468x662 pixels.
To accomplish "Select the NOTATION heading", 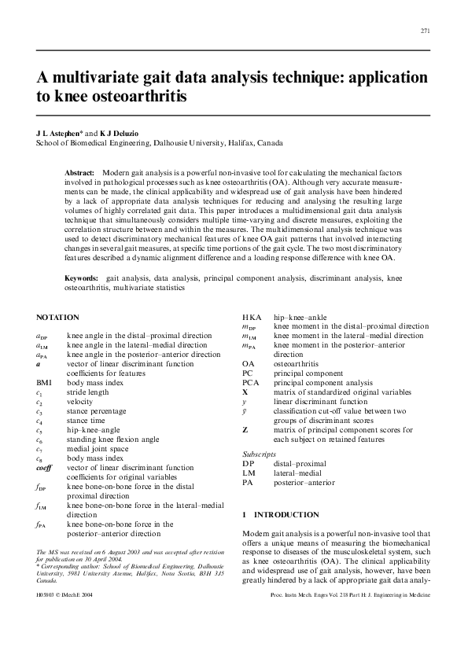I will [57, 318].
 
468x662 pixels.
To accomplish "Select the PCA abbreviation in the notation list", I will [251, 381].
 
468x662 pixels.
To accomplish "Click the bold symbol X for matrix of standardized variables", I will [245, 391].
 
